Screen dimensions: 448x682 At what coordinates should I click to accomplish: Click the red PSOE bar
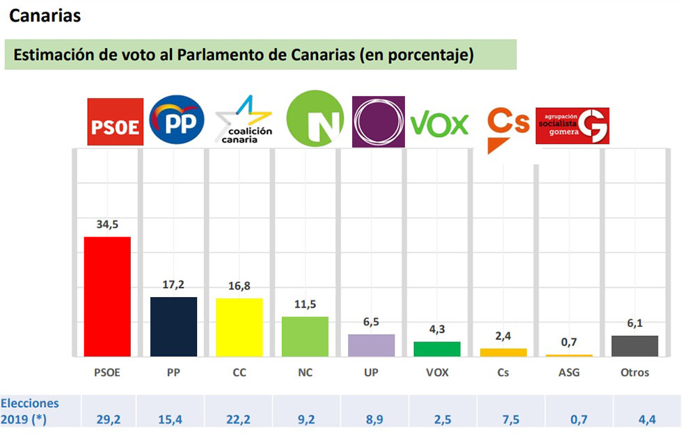click(107, 296)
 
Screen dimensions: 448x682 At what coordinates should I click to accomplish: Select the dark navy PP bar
click(174, 326)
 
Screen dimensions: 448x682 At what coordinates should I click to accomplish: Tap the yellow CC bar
click(239, 327)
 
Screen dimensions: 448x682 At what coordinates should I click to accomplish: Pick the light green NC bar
click(305, 336)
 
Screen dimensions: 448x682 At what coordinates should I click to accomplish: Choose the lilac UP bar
click(371, 345)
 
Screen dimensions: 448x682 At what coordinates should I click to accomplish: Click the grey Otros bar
click(634, 346)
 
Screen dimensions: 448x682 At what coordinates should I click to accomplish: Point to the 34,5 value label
click(107, 225)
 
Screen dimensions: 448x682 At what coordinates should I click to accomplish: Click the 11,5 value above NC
click(305, 304)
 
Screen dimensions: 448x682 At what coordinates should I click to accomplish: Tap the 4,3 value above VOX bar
click(436, 329)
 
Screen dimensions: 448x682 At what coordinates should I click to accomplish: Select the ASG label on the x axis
click(569, 372)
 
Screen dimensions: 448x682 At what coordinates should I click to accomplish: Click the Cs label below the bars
click(502, 372)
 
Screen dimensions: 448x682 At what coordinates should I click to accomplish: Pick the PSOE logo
click(115, 122)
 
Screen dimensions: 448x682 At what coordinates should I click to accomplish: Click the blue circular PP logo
click(177, 120)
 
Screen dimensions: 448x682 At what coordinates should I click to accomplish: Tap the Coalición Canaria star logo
click(244, 120)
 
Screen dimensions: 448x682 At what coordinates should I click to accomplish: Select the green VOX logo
click(440, 125)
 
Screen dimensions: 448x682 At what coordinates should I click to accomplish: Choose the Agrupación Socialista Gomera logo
click(572, 126)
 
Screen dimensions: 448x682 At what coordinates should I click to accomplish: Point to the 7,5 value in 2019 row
click(502, 419)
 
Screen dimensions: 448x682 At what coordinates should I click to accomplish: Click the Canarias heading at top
click(45, 15)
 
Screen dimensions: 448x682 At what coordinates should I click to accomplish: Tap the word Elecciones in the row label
click(30, 403)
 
